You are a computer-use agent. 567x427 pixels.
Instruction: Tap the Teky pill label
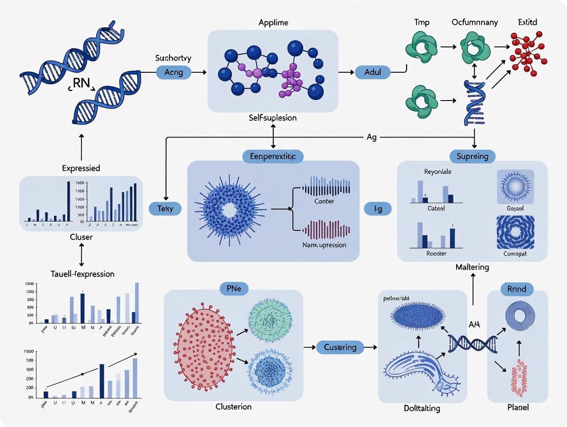click(x=165, y=208)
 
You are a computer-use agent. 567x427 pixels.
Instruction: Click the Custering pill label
click(x=340, y=347)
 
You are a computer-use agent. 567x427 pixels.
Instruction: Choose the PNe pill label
click(x=233, y=289)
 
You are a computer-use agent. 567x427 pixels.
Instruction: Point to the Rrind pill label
click(x=517, y=289)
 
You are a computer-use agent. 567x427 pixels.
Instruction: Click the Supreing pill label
click(x=472, y=156)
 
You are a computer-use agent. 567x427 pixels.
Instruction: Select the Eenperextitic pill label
click(x=273, y=156)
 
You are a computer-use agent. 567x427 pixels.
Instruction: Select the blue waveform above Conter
click(x=326, y=187)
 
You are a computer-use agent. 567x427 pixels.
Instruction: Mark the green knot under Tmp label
click(x=421, y=47)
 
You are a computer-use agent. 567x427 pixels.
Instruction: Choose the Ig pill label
click(x=377, y=208)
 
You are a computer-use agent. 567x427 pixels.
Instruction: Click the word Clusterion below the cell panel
click(x=233, y=406)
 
